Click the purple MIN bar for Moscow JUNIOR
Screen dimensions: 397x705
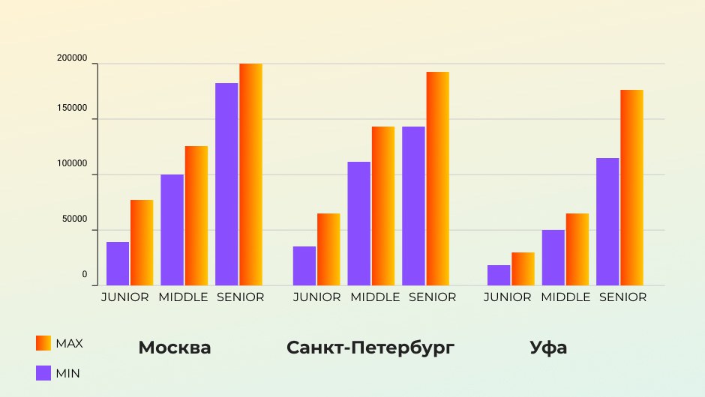pyautogui.click(x=118, y=264)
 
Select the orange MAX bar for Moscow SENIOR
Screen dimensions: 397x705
pyautogui.click(x=250, y=175)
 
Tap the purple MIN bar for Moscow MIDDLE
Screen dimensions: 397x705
pyautogui.click(x=172, y=230)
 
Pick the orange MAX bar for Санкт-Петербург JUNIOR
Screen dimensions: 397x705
pyautogui.click(x=328, y=249)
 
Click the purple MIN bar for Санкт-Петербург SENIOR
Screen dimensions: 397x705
pyautogui.click(x=413, y=206)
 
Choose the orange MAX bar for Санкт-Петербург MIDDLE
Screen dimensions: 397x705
pyautogui.click(x=382, y=206)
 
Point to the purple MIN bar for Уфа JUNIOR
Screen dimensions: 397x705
pyautogui.click(x=499, y=275)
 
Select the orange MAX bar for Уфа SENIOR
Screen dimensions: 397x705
pyautogui.click(x=631, y=187)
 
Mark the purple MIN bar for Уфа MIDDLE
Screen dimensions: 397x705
pyautogui.click(x=553, y=258)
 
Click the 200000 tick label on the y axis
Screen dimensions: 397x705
pyautogui.click(x=72, y=58)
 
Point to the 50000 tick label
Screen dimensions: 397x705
pyautogui.click(x=74, y=219)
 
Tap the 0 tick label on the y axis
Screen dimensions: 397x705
pyautogui.click(x=85, y=275)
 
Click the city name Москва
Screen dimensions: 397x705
pyautogui.click(x=175, y=348)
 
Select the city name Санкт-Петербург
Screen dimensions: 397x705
pyautogui.click(x=371, y=348)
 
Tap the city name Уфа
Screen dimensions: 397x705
pyautogui.click(x=548, y=348)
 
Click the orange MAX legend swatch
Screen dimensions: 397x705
pyautogui.click(x=43, y=343)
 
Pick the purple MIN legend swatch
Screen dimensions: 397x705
pyautogui.click(x=43, y=372)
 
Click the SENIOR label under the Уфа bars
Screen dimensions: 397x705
pyautogui.click(x=622, y=297)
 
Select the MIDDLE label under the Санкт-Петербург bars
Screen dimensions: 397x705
pyautogui.click(x=375, y=297)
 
